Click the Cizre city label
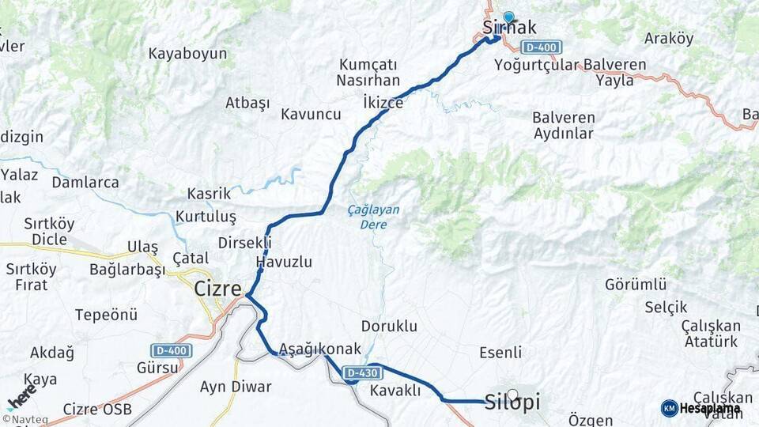[x=217, y=289]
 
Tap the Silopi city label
[x=512, y=402]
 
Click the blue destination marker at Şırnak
[x=508, y=16]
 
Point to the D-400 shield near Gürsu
[x=170, y=350]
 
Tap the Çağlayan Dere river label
[x=373, y=217]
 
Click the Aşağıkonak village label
[x=320, y=349]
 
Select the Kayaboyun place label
[x=187, y=54]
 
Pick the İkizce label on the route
[x=383, y=103]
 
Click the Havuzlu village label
[x=284, y=262]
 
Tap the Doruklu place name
[x=388, y=326]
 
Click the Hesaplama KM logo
[x=700, y=408]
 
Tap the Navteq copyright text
[x=25, y=419]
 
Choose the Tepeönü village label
[x=106, y=315]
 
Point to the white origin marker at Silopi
[x=512, y=395]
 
